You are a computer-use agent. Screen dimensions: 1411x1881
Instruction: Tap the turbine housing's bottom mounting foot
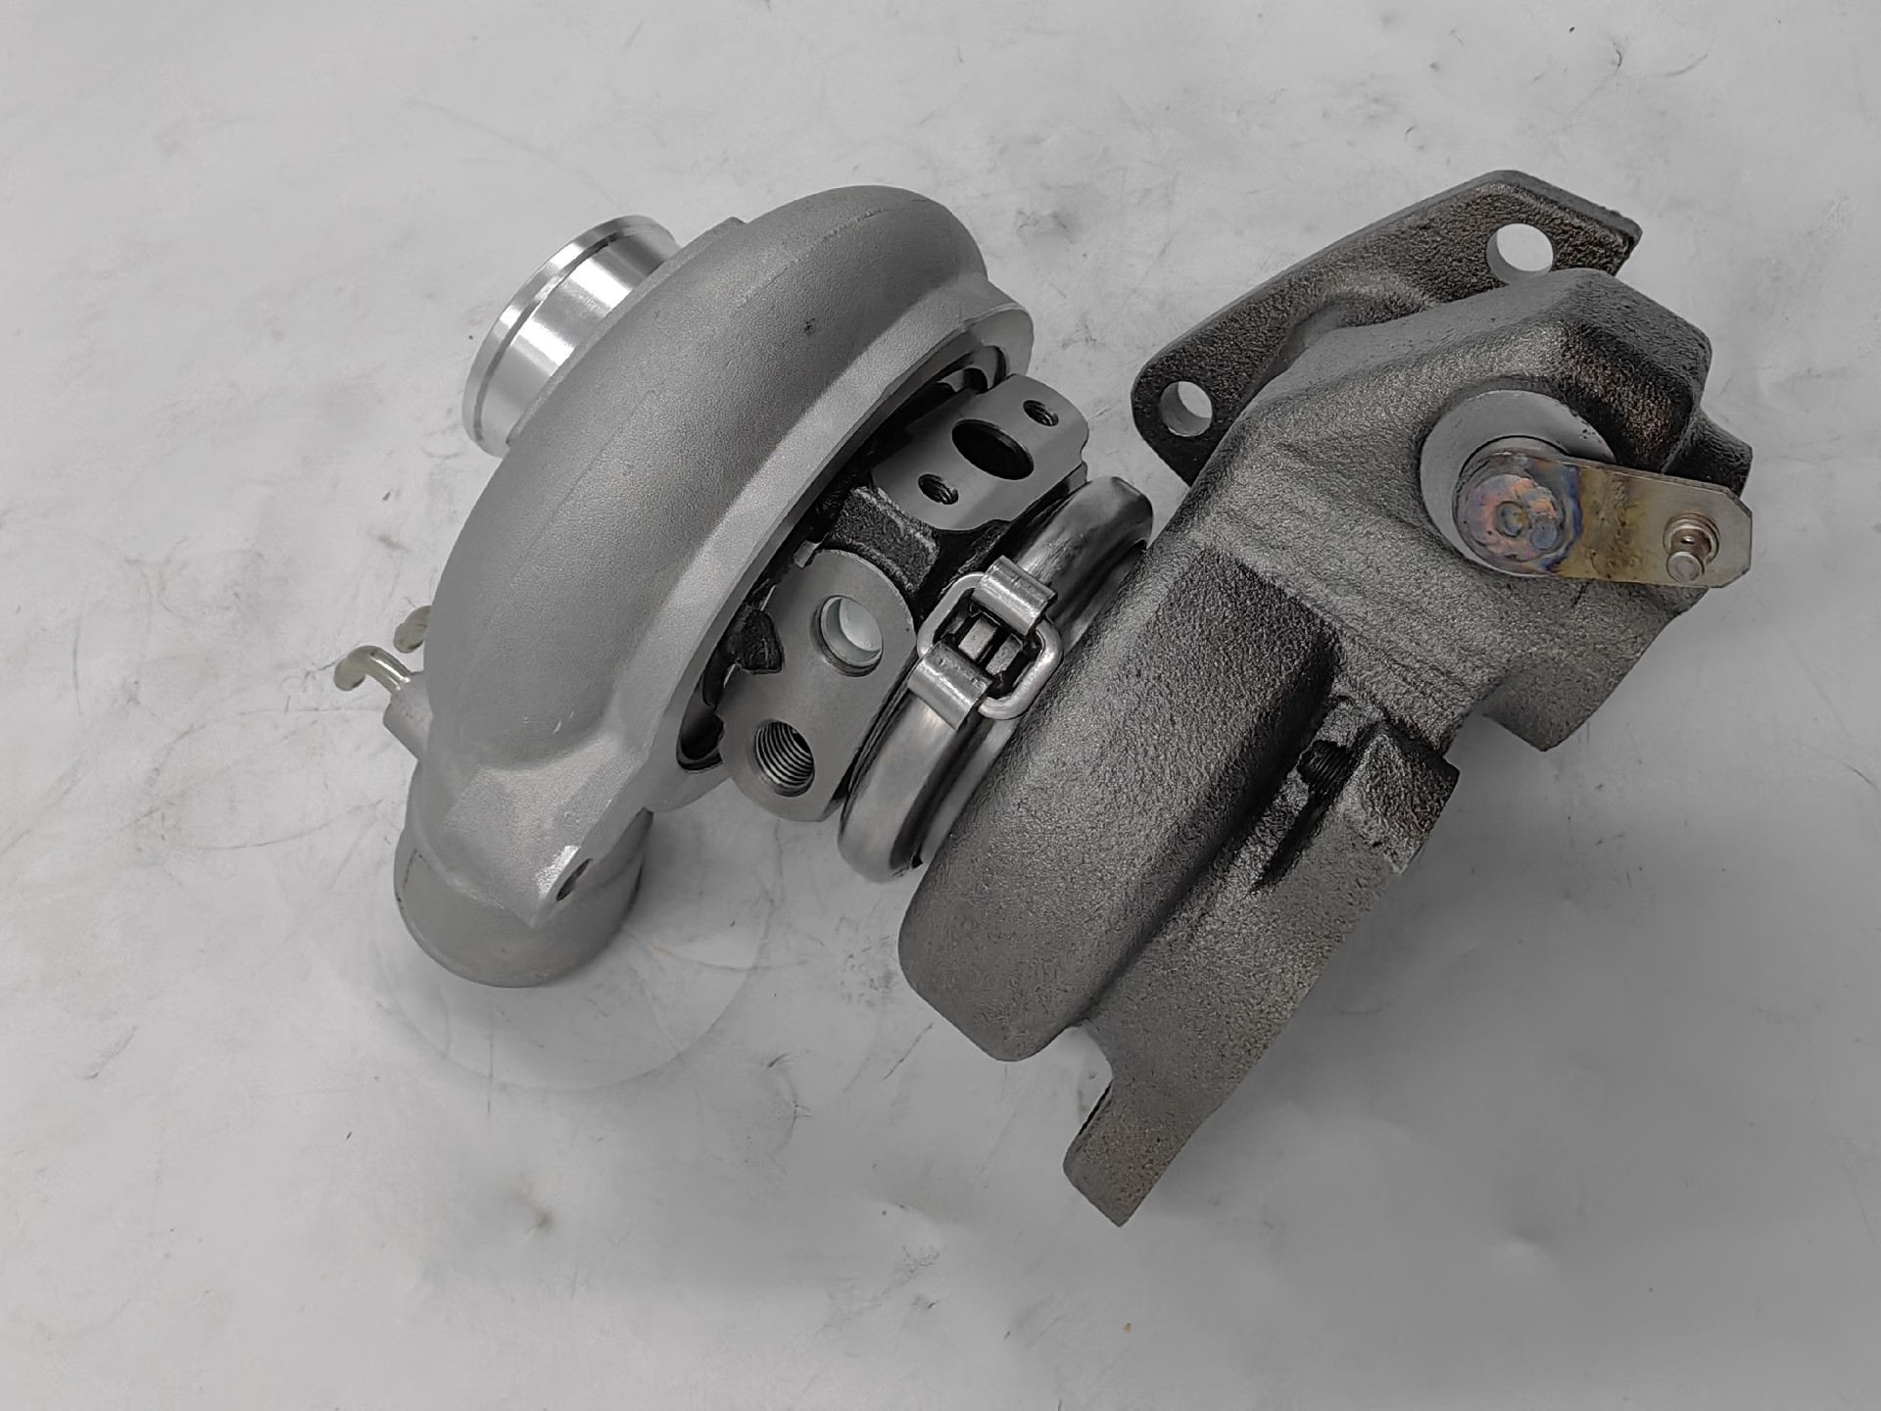1127,1156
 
